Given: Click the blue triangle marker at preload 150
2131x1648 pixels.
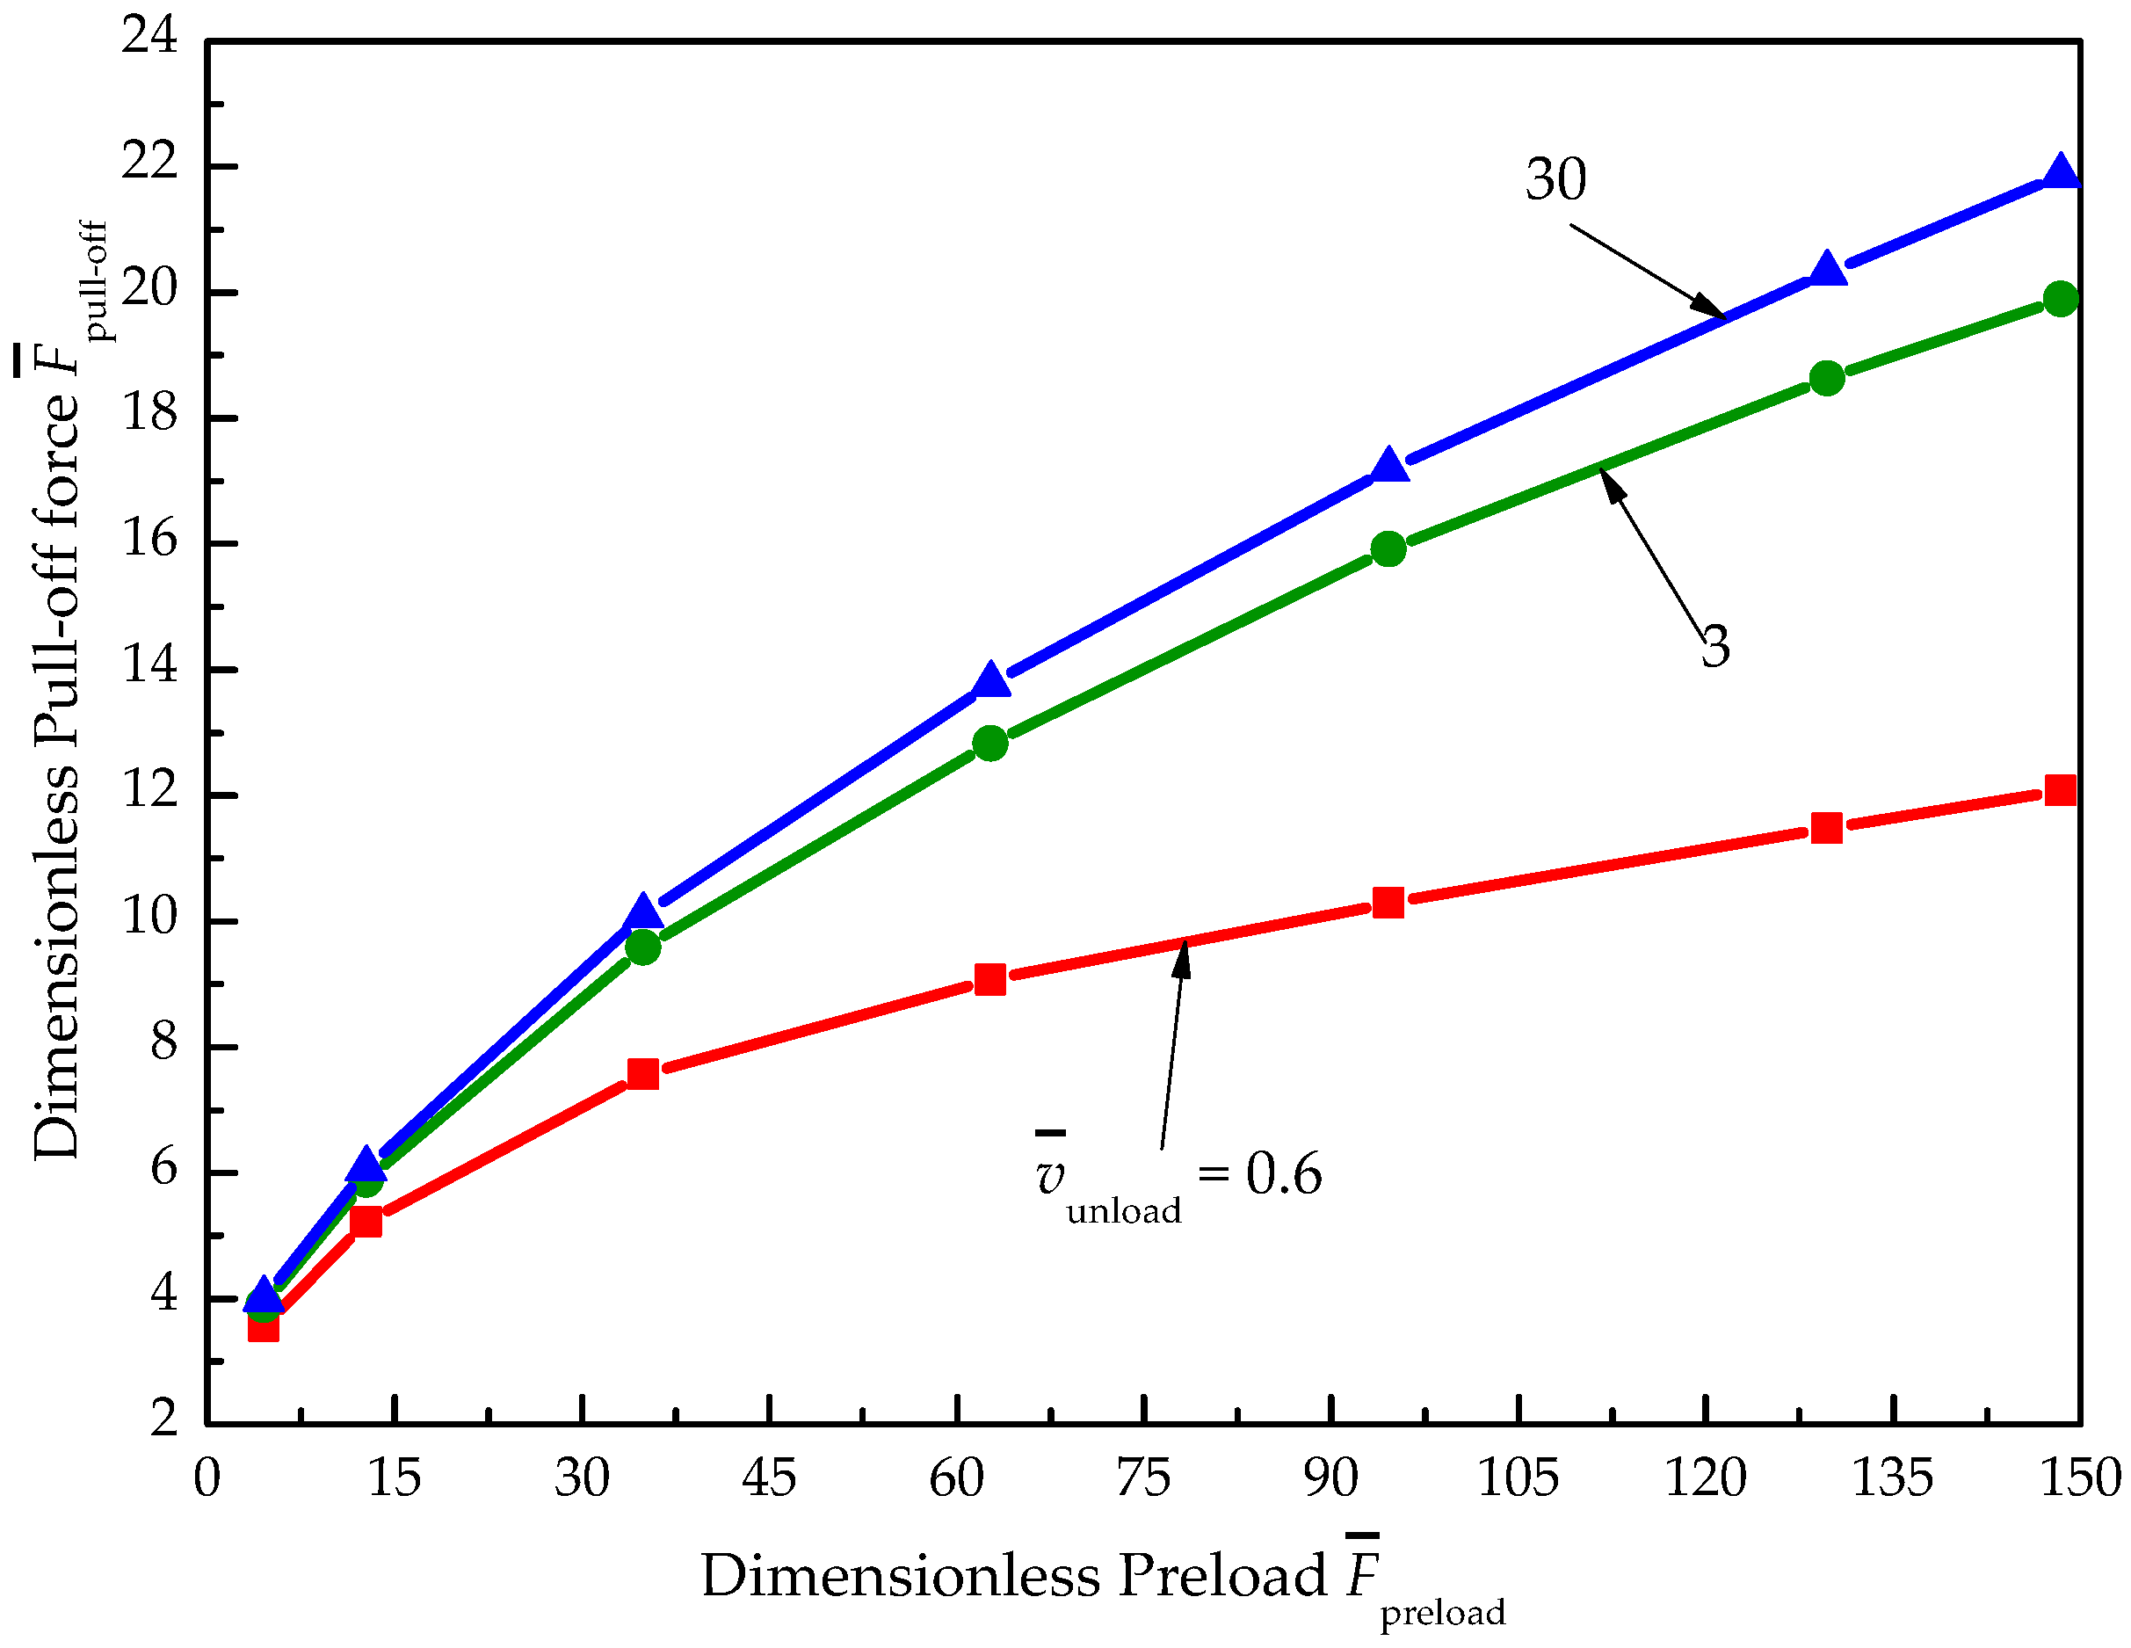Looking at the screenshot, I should point(2060,172).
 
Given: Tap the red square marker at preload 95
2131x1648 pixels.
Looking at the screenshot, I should point(1388,903).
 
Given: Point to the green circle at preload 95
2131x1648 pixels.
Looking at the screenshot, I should point(1388,549).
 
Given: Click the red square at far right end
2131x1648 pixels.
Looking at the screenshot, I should point(2060,789).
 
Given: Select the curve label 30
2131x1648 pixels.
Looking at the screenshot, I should point(1555,179).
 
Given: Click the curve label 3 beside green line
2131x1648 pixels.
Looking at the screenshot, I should point(1715,646).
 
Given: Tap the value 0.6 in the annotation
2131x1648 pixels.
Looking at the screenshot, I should point(1283,1173).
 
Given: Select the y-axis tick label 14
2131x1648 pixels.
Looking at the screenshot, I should point(149,665).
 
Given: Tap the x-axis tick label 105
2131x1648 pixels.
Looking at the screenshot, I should point(1518,1477).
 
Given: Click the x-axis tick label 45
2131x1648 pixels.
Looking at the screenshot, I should point(769,1477).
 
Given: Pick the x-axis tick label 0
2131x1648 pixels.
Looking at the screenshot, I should point(207,1477).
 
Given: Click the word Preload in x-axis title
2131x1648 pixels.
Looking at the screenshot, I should point(1222,1575).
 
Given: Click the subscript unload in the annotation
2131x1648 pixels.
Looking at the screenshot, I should point(1123,1211).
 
